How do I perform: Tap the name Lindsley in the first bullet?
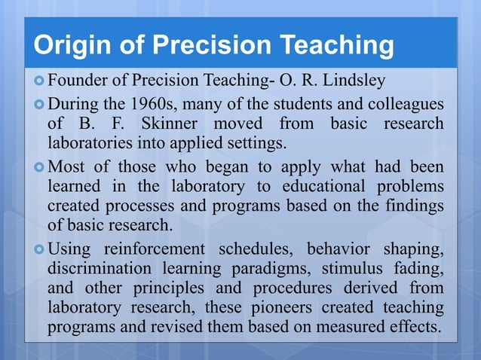click(355, 81)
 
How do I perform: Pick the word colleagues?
click(406, 103)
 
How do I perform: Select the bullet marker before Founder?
click(39, 80)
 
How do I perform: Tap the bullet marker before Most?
click(39, 166)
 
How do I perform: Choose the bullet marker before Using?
click(39, 249)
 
